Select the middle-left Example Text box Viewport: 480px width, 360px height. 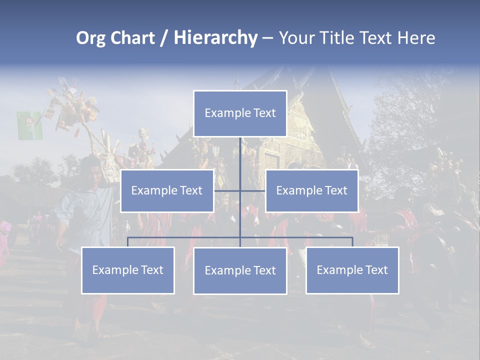click(167, 190)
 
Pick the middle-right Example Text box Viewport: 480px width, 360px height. click(311, 190)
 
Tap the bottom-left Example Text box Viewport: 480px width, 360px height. click(127, 270)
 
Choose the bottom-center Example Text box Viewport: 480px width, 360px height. click(240, 270)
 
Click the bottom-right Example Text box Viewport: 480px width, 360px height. click(352, 270)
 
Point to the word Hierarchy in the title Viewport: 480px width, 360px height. click(215, 38)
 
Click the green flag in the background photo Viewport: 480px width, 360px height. click(29, 125)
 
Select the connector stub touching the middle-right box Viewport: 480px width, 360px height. click(253, 190)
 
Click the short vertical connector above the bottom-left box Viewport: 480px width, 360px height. click(127, 242)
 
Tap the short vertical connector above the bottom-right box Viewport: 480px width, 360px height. click(352, 242)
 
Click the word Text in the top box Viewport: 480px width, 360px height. click(264, 113)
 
